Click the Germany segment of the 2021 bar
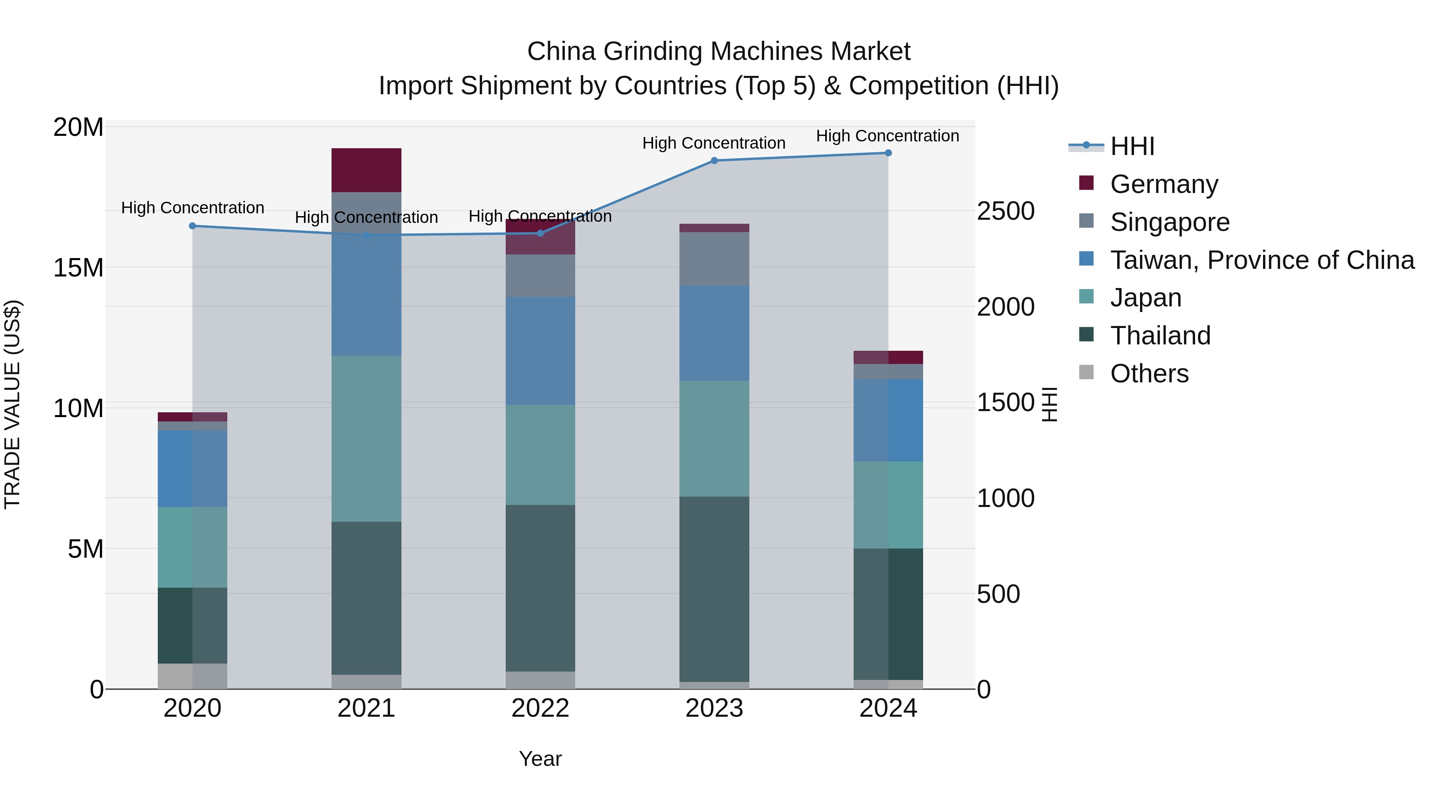coord(366,170)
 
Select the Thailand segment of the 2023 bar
coord(714,589)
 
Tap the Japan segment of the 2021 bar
coord(366,439)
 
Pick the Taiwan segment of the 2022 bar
coord(540,351)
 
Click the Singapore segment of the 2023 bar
coord(714,259)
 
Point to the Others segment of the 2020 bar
coord(192,676)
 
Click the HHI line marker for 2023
coord(714,161)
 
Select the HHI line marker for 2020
coord(192,226)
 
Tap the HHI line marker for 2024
coord(888,153)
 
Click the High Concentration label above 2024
coord(888,136)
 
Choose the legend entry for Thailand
coord(1160,336)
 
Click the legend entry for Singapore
coord(1170,222)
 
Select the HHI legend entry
coord(1132,146)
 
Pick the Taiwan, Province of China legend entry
coord(1261,260)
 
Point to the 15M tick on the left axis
coord(78,268)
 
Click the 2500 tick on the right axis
coord(1005,211)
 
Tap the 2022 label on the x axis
coord(540,708)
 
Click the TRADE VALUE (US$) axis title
coord(12,404)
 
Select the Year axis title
coord(540,759)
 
